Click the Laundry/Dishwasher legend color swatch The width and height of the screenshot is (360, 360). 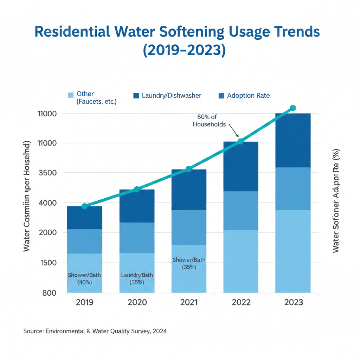(x=136, y=96)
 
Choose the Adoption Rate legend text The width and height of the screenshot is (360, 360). (x=248, y=96)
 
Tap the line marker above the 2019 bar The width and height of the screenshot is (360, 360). (x=84, y=206)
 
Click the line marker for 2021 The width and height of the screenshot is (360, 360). (x=189, y=169)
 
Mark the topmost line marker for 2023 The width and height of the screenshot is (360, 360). (x=293, y=108)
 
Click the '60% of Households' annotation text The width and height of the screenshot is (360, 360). (x=209, y=121)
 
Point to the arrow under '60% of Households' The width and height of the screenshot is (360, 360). (x=234, y=131)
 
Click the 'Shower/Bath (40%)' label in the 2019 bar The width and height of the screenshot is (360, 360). (x=84, y=278)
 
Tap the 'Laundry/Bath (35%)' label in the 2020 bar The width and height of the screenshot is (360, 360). (x=137, y=278)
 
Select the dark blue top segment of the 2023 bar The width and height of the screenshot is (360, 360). (x=293, y=140)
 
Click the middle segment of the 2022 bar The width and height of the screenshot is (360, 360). (x=241, y=211)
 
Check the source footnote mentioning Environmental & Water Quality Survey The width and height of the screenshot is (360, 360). (x=95, y=331)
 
